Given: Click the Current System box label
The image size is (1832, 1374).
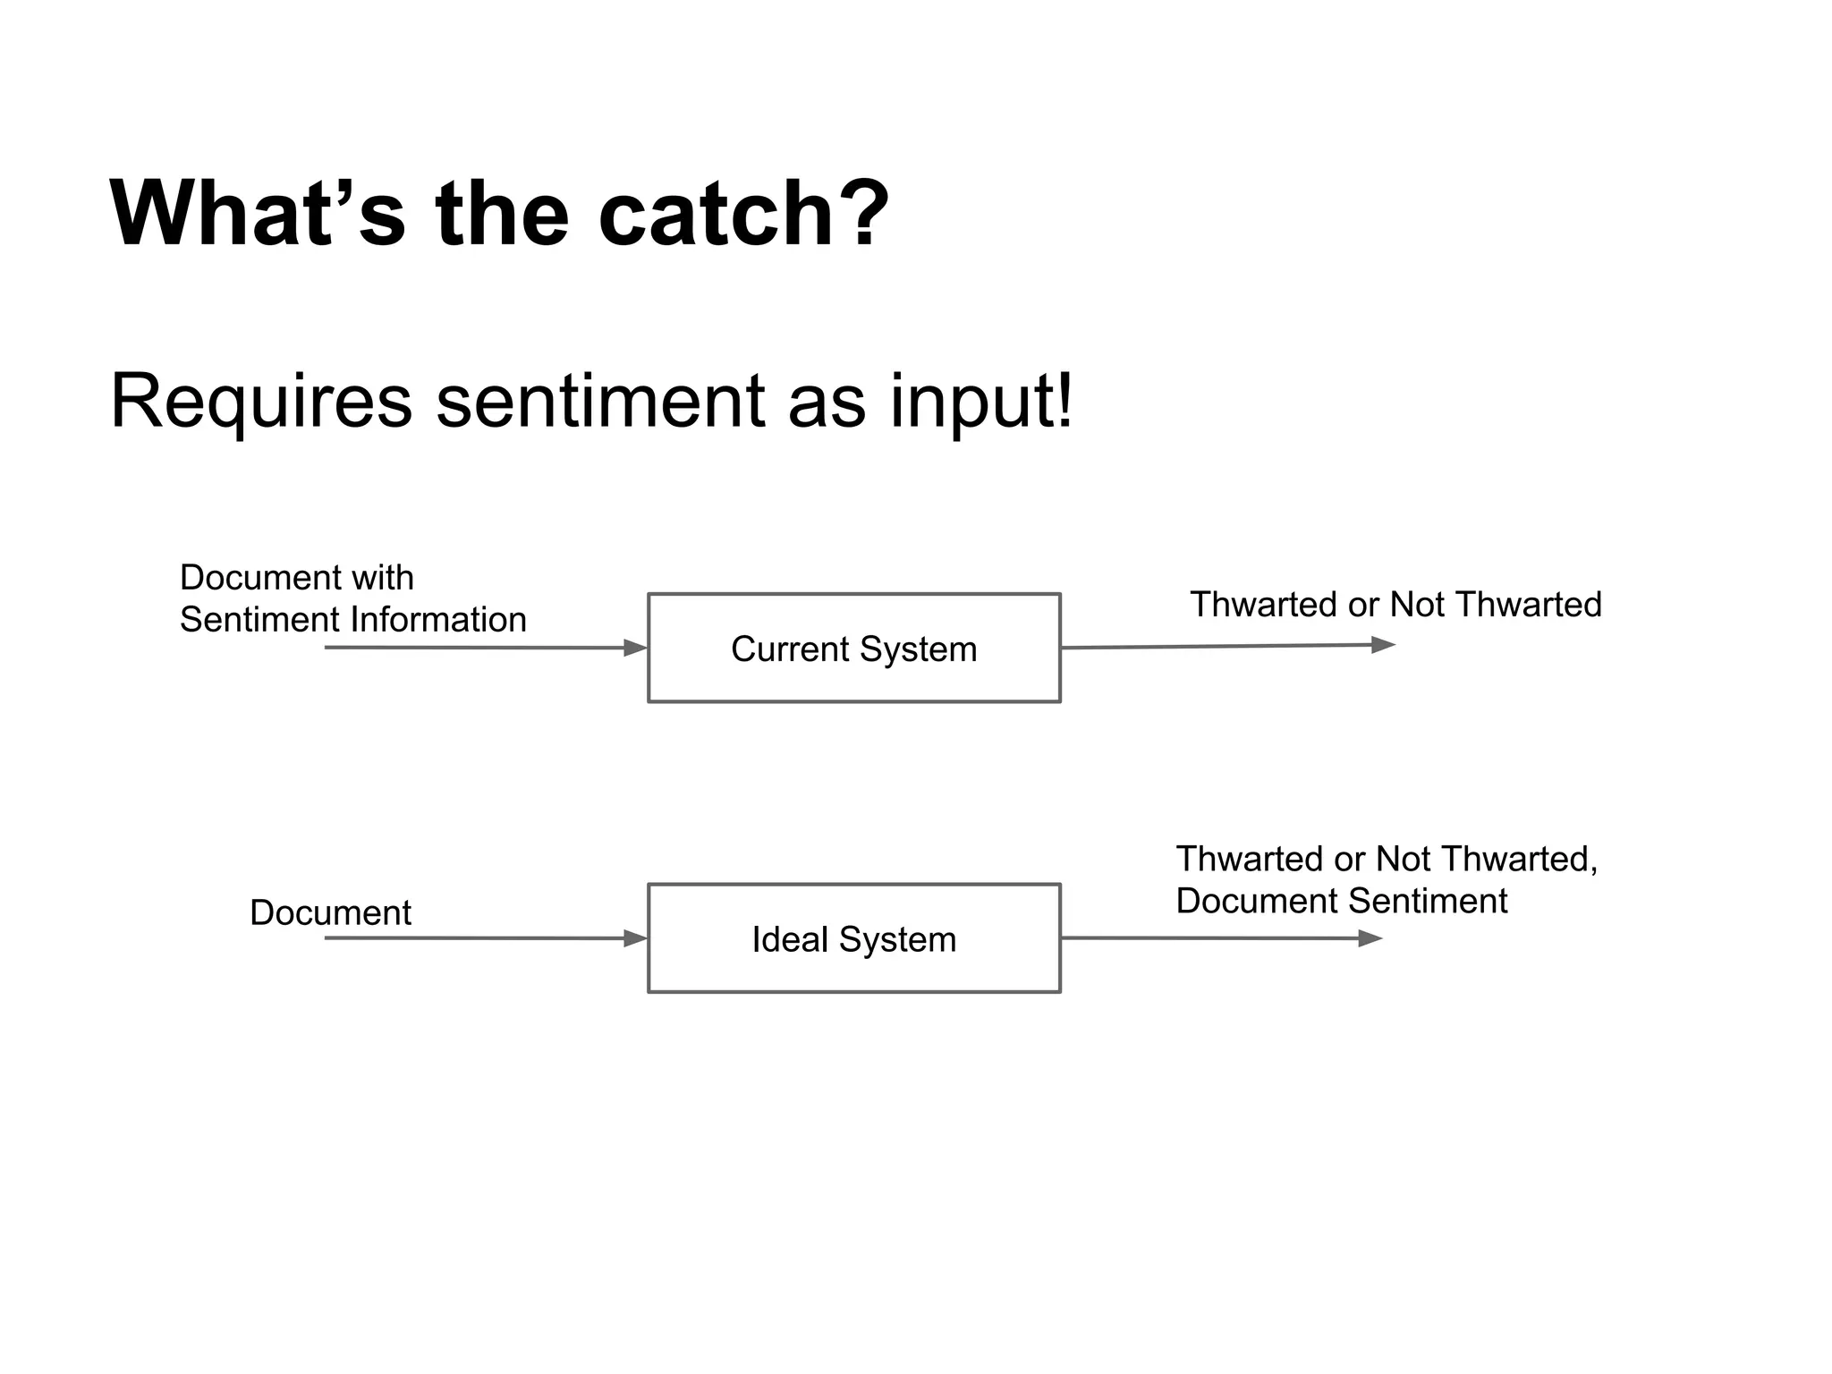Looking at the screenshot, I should [853, 649].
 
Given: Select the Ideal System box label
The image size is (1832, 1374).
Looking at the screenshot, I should [853, 940].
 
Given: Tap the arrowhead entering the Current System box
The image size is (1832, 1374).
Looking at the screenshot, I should [635, 648].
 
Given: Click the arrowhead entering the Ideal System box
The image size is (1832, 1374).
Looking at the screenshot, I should [635, 938].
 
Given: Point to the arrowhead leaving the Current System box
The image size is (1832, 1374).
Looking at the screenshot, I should [1382, 645].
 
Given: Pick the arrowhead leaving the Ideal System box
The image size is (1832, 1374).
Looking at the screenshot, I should [1370, 938].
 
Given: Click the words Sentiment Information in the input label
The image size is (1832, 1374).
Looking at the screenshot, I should [353, 620].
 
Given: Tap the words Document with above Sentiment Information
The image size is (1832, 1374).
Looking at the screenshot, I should [296, 578].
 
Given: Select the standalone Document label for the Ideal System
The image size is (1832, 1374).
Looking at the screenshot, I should [330, 913].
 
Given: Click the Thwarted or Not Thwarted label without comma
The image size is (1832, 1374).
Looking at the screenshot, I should [1395, 606].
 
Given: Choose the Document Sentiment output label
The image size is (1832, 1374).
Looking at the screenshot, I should [1341, 901].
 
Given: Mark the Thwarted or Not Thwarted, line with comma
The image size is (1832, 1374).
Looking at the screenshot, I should [1386, 860].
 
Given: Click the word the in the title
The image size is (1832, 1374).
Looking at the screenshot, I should [502, 215].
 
